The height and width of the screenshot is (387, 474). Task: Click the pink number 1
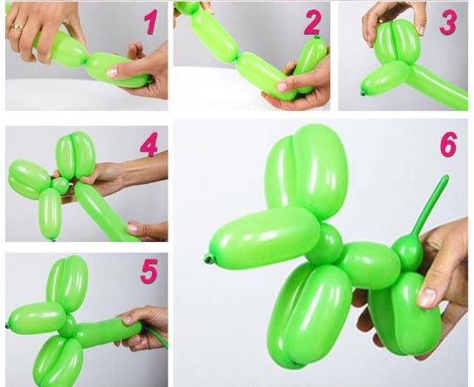point(151,22)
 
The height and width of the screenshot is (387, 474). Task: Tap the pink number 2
point(313,22)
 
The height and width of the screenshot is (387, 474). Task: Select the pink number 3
point(448,23)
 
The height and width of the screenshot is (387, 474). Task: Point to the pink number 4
point(149,144)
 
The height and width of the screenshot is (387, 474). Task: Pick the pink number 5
point(149,271)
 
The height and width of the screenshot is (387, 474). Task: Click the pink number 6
point(448,144)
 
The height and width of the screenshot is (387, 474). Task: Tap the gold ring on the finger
point(18,27)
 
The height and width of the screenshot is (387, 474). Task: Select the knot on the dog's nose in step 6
point(207,259)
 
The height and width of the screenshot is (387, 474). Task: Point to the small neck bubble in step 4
point(60,186)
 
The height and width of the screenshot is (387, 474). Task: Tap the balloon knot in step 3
point(363,94)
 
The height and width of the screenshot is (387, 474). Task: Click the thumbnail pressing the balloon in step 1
point(112,72)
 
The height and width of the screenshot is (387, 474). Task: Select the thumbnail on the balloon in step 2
point(282,87)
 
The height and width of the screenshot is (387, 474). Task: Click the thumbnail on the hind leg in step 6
point(427,297)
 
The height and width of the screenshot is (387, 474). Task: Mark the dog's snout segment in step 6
point(264,239)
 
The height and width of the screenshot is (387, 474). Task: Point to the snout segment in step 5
point(37,318)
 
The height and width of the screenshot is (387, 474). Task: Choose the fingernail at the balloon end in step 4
point(133,228)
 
